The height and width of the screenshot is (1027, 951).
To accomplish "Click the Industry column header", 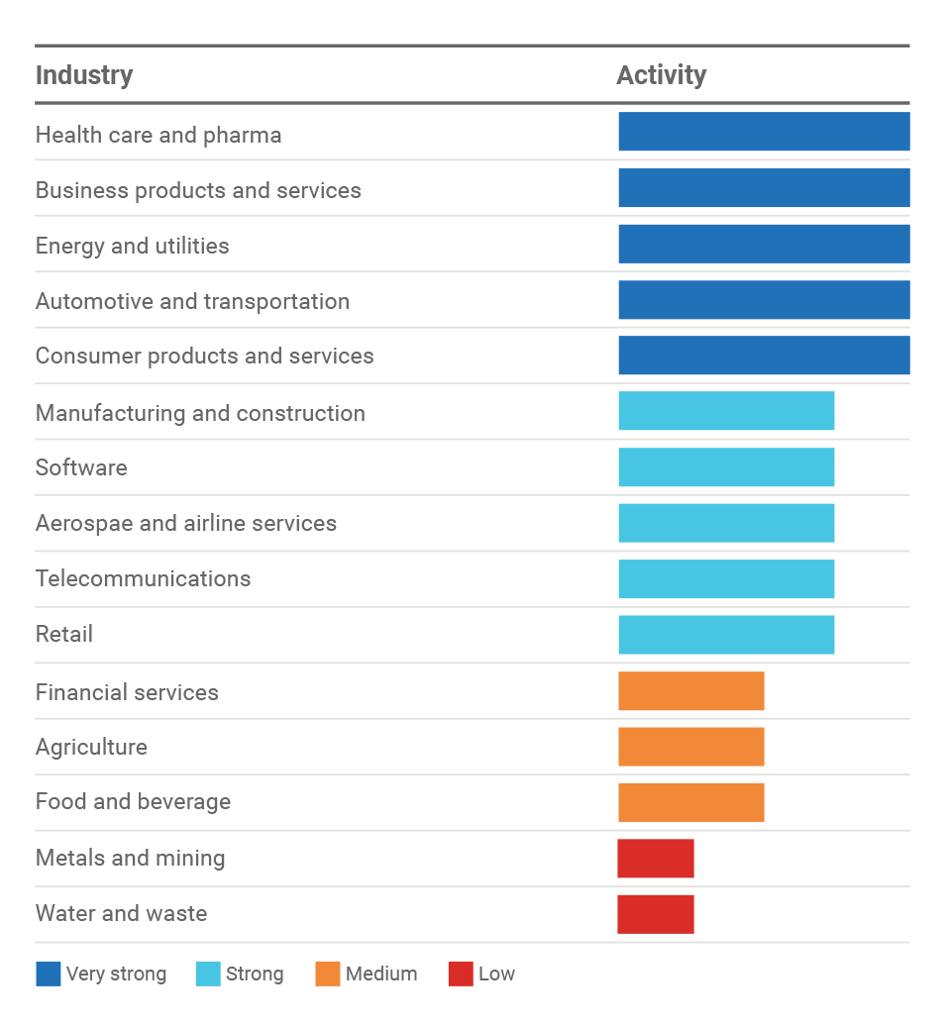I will (x=84, y=75).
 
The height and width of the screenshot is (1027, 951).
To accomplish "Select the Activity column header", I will (x=661, y=75).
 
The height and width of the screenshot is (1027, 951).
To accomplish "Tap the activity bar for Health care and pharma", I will (x=764, y=132).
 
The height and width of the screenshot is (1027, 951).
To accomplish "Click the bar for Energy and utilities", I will (x=764, y=244).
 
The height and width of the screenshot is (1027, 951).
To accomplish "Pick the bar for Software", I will (x=726, y=467).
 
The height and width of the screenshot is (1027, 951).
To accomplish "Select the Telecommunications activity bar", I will (x=726, y=579).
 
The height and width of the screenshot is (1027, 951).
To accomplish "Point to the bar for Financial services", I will (x=691, y=691).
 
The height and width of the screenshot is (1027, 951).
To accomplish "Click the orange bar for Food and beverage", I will (x=691, y=803).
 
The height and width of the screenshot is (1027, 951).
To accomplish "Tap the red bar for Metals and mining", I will (x=656, y=859).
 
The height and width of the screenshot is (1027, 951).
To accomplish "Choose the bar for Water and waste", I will (x=656, y=915).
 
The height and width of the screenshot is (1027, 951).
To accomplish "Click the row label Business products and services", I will (x=198, y=190).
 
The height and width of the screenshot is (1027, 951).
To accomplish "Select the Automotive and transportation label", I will (x=192, y=301).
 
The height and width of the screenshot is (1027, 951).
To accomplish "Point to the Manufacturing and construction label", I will (x=200, y=413).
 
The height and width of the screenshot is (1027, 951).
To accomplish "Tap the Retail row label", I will (x=64, y=634).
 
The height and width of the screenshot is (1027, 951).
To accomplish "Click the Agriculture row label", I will (x=91, y=747).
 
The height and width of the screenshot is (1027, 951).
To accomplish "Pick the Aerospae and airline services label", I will (x=186, y=523).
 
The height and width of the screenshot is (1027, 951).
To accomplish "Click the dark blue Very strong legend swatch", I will (x=49, y=975).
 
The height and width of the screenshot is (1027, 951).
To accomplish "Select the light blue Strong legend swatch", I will (x=208, y=975).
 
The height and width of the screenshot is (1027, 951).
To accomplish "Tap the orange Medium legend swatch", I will (x=328, y=975).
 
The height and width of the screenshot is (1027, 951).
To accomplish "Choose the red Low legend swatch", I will (x=461, y=975).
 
